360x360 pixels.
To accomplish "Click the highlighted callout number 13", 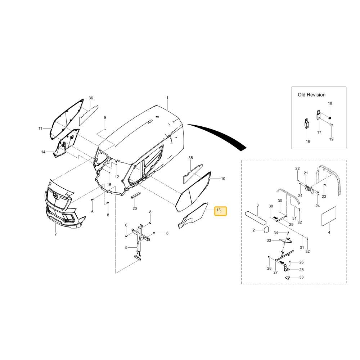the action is [219, 210].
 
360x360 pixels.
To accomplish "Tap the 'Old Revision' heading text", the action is [311, 95].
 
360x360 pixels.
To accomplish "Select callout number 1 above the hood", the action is [167, 98].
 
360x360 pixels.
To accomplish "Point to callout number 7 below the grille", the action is [55, 234].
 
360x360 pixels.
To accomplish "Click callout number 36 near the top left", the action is [91, 98].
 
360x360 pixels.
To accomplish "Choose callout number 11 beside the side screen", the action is [40, 129].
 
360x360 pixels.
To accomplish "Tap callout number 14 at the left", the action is [43, 152].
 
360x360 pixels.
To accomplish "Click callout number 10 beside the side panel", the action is [223, 179].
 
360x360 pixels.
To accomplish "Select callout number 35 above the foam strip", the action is [190, 158].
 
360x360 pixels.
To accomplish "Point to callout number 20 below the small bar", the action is [135, 208].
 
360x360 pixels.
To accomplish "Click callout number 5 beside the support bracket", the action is [126, 248].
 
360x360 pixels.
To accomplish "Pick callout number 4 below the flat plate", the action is [329, 232].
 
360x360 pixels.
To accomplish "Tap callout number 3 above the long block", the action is [258, 205].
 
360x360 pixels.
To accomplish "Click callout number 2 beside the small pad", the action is [254, 230].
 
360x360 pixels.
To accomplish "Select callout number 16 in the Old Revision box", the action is [308, 141].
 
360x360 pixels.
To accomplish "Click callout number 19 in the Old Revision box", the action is [331, 139].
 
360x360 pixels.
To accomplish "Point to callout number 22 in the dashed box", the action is [298, 168].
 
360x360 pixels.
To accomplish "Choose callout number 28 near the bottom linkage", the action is [269, 268].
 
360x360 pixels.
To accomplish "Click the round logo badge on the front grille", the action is [55, 195].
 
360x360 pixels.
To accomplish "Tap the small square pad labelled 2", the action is [266, 230].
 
